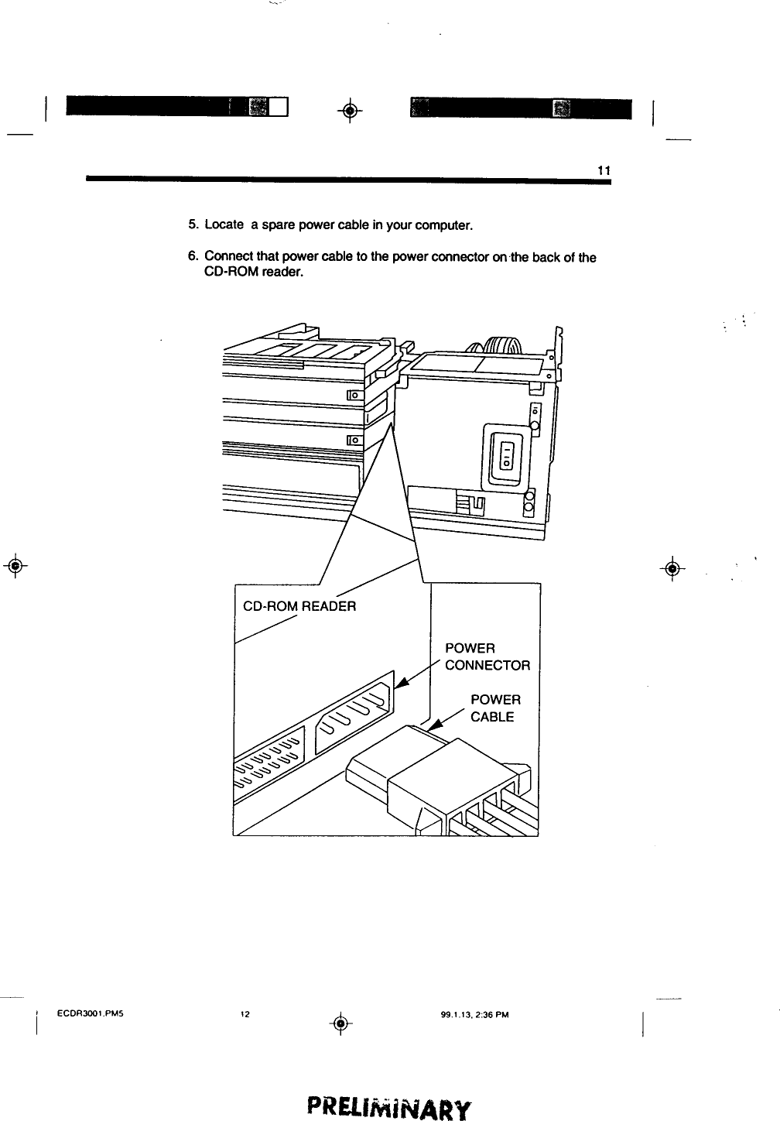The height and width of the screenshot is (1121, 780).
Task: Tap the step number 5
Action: pos(193,225)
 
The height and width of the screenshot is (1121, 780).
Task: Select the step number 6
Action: pos(193,257)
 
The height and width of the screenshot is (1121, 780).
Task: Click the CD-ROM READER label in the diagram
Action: pos(299,606)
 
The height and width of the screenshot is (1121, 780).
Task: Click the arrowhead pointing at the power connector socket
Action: pos(400,685)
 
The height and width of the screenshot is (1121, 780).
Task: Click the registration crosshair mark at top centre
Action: pos(350,111)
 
